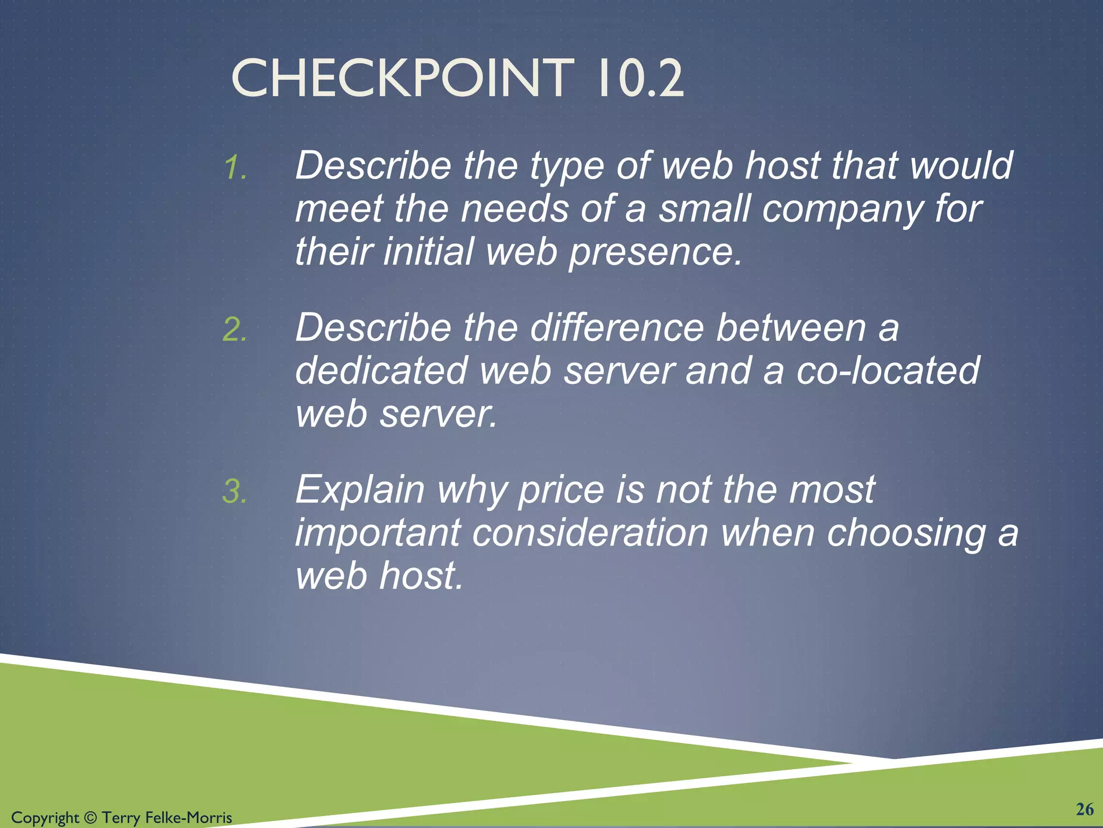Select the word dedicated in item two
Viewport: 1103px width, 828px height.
point(381,371)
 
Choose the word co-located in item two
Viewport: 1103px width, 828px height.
point(888,371)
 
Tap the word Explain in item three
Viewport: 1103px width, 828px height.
point(360,489)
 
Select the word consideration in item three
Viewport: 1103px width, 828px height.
point(590,533)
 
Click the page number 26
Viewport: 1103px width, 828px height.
point(1085,809)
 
